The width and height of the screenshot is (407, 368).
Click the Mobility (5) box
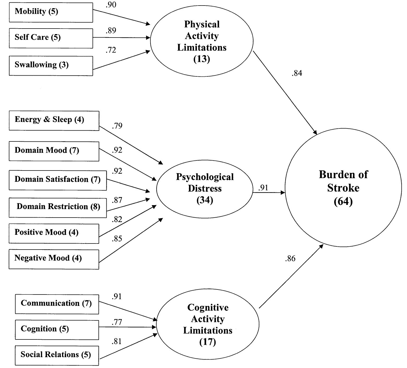tap(51, 12)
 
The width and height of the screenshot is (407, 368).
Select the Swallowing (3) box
tap(51, 66)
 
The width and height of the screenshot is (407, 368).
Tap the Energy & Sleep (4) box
tap(54, 121)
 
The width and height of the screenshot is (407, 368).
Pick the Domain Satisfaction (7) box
tap(58, 180)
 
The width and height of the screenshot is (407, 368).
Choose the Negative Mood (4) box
tap(54, 259)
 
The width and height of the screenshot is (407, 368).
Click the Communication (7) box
tap(57, 304)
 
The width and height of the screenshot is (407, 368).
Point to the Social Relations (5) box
tap(57, 355)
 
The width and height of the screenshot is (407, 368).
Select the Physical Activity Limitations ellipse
tap(202, 41)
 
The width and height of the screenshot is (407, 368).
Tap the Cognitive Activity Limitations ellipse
tap(208, 324)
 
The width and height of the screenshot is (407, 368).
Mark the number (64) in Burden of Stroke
tap(343, 201)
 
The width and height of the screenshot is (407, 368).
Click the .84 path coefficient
tap(297, 73)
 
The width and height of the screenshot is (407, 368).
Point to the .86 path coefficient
tap(290, 259)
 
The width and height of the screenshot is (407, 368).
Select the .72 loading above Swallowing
tap(111, 50)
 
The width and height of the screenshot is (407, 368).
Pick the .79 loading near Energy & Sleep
tap(117, 126)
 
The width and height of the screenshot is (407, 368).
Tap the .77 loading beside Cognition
tap(117, 322)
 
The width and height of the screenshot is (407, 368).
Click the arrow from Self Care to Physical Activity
tap(121, 38)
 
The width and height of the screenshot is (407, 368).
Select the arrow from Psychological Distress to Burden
tap(269, 193)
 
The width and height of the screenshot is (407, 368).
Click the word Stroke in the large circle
tap(343, 188)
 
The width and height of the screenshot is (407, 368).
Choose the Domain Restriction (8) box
tap(58, 208)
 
